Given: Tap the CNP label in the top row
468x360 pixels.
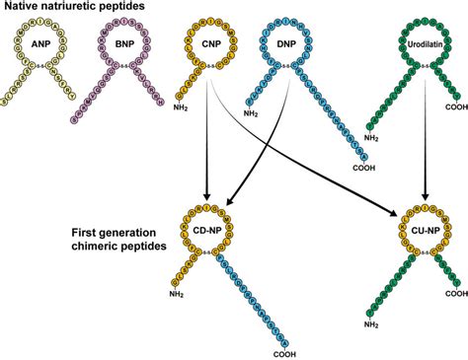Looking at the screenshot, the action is (x=207, y=44).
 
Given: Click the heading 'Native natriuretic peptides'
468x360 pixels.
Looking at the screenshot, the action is (x=63, y=9).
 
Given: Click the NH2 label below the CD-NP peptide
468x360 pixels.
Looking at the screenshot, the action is (x=177, y=292).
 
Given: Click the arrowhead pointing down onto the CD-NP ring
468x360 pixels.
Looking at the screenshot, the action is (x=208, y=193).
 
